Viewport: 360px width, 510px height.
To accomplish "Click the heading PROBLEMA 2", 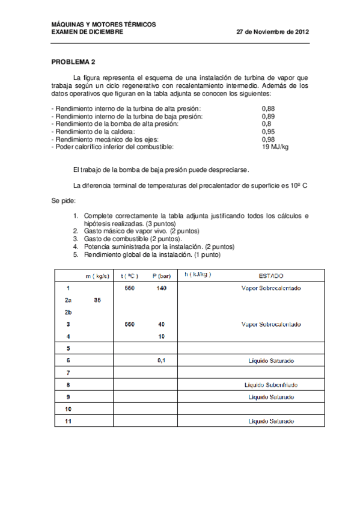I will [x=73, y=62].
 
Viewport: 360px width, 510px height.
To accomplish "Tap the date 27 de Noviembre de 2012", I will [x=273, y=32].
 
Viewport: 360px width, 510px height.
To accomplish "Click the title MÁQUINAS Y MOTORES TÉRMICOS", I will [x=103, y=24].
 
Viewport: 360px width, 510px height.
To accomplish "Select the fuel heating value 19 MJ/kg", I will [x=275, y=147].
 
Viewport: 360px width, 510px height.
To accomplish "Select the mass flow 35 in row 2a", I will [x=98, y=300].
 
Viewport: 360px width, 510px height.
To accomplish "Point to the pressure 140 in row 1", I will [x=161, y=288].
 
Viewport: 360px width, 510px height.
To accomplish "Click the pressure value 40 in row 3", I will [x=162, y=324].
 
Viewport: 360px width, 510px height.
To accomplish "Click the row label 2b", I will [x=69, y=312].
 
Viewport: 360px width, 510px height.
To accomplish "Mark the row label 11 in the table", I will [x=69, y=421].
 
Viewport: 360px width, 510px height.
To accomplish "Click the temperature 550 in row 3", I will [x=129, y=324].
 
